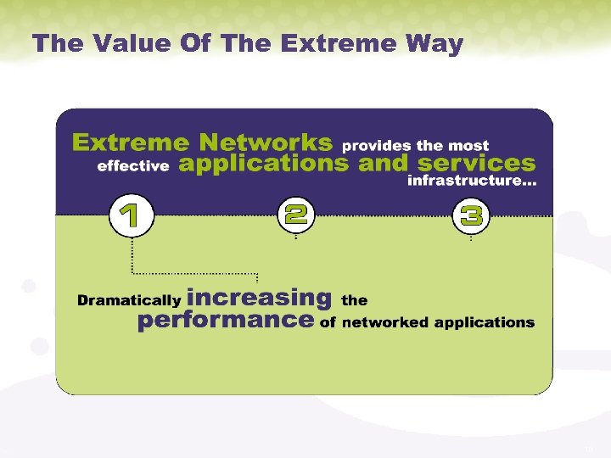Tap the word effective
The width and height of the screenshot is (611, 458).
[x=133, y=166]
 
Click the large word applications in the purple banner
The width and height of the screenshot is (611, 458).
[x=264, y=164]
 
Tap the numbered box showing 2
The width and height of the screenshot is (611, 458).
[x=295, y=215]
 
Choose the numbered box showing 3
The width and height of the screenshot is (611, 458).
[x=471, y=215]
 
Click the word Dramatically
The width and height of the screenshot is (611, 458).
[x=128, y=300]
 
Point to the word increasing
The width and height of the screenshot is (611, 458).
[x=259, y=298]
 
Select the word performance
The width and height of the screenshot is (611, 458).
[x=225, y=321]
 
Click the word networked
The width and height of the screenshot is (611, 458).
[x=385, y=322]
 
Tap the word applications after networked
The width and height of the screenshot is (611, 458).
[x=485, y=323]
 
